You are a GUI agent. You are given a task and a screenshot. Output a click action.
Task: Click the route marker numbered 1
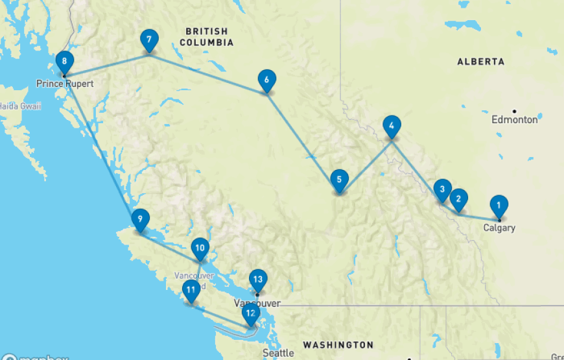pos(499,206)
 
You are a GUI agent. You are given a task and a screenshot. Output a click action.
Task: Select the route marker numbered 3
pos(443,189)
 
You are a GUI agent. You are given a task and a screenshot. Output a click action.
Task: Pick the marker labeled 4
pos(392,125)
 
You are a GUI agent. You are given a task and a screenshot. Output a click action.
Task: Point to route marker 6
pos(266,80)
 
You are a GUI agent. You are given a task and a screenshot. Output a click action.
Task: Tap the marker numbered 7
pos(149,40)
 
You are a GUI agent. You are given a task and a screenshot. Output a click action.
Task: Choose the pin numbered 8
pos(65,62)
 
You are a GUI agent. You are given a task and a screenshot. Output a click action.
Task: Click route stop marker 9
pos(139,219)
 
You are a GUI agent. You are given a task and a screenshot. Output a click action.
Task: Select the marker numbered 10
pos(200,247)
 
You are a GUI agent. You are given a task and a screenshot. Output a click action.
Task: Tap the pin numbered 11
pos(191,290)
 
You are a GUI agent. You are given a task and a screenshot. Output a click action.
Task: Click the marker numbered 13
pos(258,280)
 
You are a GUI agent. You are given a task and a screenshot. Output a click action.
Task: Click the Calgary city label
pos(499,228)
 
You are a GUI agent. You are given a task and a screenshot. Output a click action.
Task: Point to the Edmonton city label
pos(515,119)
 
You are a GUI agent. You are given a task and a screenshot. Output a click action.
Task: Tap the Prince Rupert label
pos(65,84)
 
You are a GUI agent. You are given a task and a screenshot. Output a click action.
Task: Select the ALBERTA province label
pos(480,62)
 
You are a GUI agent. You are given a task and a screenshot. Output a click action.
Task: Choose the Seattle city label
pos(278,354)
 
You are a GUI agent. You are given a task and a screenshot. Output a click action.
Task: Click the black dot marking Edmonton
pos(514,111)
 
